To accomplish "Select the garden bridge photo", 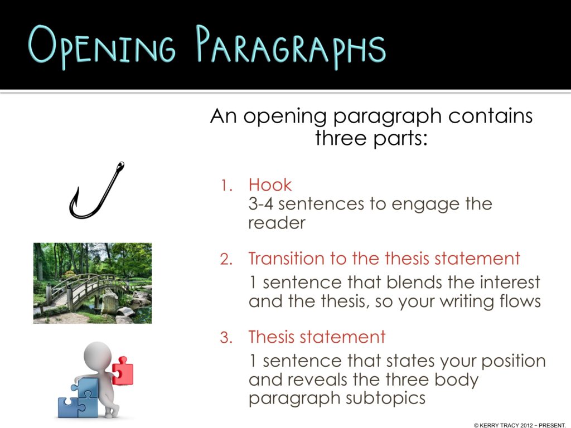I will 93,283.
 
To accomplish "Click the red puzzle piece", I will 122,371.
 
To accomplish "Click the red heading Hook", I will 270,184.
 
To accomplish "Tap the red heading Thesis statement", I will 317,337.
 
